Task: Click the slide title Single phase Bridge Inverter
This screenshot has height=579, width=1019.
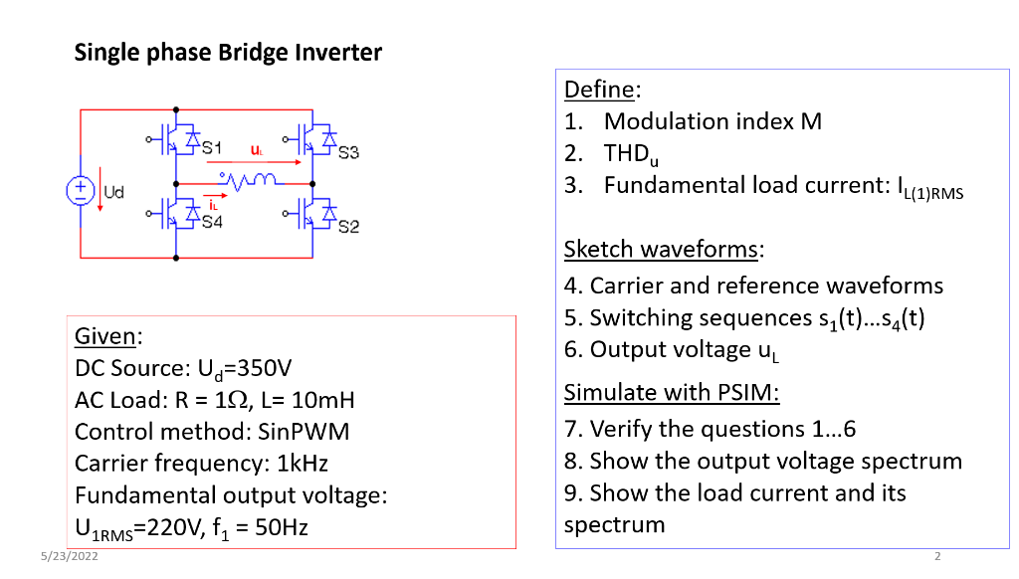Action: (228, 53)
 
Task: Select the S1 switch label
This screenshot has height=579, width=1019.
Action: (213, 148)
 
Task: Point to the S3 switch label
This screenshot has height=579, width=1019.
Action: (348, 153)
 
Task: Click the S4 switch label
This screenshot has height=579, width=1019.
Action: (212, 222)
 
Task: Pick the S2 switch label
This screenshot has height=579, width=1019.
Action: (348, 227)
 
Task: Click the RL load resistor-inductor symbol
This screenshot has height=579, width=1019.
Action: (246, 182)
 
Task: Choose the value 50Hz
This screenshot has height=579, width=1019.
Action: (281, 527)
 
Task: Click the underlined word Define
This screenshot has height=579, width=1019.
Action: (602, 90)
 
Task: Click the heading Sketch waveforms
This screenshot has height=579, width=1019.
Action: (664, 248)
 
